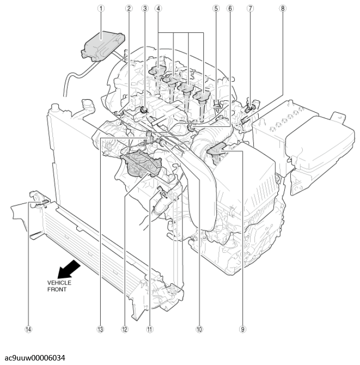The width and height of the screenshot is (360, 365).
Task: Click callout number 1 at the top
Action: pyautogui.click(x=101, y=8)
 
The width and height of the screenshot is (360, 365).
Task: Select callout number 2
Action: pyautogui.click(x=129, y=8)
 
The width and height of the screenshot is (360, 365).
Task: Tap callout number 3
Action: pyautogui.click(x=145, y=8)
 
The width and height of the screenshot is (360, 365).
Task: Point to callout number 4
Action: pyautogui.click(x=158, y=8)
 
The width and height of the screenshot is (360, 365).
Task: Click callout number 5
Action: pyautogui.click(x=216, y=8)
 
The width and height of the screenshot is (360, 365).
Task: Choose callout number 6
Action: pyautogui.click(x=230, y=8)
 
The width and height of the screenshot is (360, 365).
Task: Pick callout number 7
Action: pyautogui.click(x=250, y=8)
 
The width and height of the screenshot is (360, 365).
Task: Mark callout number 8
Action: pyautogui.click(x=283, y=8)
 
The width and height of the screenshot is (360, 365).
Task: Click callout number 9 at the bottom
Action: pyautogui.click(x=242, y=329)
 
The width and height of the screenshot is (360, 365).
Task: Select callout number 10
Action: pyautogui.click(x=199, y=329)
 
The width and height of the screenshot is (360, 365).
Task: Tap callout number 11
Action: pyautogui.click(x=149, y=329)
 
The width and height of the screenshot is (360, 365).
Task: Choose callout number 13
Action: pyautogui.click(x=101, y=329)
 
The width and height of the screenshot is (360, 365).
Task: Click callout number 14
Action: pyautogui.click(x=28, y=329)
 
